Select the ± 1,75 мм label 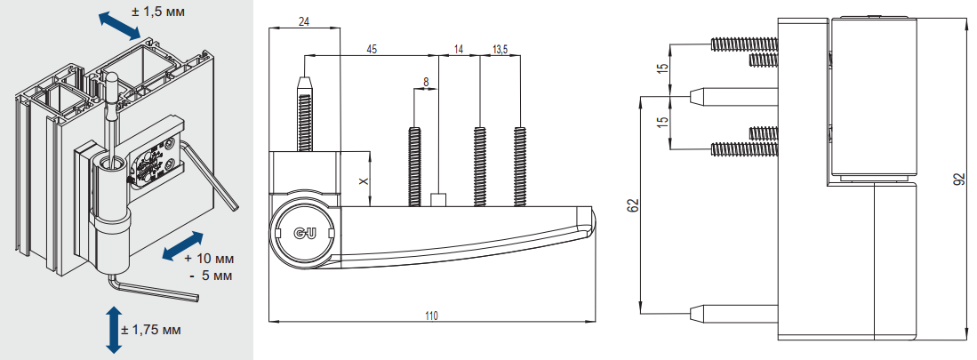pos(150,329)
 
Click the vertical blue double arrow pos(113,329)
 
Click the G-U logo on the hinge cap pos(305,232)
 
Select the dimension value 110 pos(431,316)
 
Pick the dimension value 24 pos(304,21)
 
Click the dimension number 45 pos(372,49)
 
